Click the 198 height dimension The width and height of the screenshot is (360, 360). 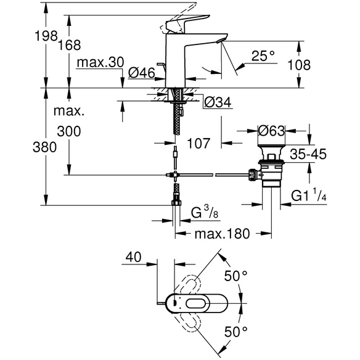(x=46, y=36)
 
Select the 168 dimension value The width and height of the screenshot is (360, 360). (x=69, y=45)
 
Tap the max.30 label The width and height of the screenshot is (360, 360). (x=100, y=62)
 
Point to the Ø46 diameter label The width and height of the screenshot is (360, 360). (x=142, y=73)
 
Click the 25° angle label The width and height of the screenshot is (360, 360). (x=263, y=56)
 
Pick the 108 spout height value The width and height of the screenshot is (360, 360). (x=299, y=65)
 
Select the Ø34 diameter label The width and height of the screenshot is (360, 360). (x=218, y=102)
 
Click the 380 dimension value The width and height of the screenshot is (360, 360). (x=44, y=147)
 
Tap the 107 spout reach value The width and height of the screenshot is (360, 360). (x=198, y=143)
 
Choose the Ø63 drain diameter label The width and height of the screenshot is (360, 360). (x=271, y=131)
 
